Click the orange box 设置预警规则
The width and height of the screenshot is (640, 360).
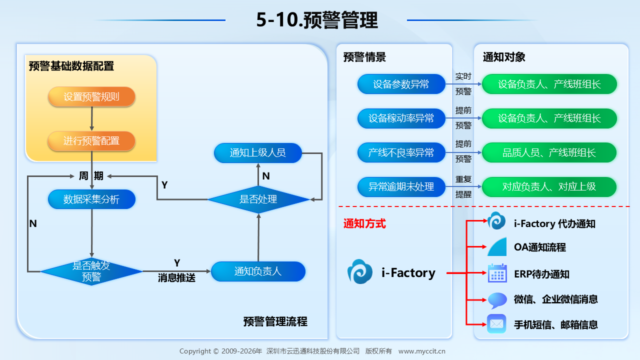click(x=91, y=96)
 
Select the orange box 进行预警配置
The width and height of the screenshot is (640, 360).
click(x=91, y=141)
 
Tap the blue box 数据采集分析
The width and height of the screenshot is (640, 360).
click(x=91, y=199)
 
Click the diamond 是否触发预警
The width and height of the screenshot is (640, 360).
click(x=91, y=271)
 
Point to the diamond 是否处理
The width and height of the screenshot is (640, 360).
click(x=258, y=199)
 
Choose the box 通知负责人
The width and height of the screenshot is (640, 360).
click(x=258, y=271)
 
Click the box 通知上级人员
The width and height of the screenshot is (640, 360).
click(x=258, y=153)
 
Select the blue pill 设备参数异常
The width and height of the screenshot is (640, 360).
click(x=401, y=84)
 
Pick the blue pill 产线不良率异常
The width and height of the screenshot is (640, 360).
click(x=401, y=152)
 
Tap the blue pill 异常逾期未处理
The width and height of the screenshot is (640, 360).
click(x=401, y=187)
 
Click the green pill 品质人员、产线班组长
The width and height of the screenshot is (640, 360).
click(x=549, y=152)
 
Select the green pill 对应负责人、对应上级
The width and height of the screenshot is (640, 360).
click(x=549, y=187)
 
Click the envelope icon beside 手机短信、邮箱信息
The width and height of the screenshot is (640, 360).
click(x=496, y=324)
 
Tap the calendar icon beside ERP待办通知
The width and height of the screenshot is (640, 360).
click(x=497, y=273)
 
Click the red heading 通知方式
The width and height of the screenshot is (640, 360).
click(x=364, y=223)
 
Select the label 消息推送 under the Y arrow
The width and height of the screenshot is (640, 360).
click(x=176, y=277)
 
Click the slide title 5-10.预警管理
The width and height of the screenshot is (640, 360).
click(x=317, y=20)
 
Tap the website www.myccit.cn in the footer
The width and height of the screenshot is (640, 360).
click(x=421, y=351)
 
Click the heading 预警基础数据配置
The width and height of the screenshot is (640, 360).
click(x=71, y=66)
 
